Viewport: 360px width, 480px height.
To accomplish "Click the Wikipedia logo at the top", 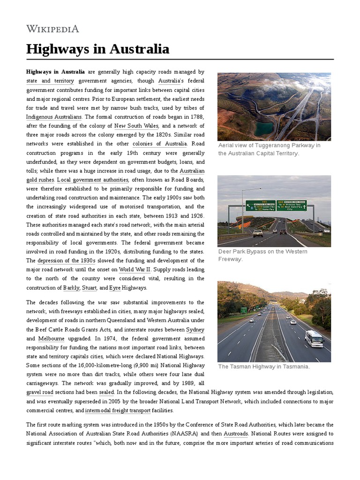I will (52, 29).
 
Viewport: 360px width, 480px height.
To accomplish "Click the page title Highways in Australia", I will (97, 49).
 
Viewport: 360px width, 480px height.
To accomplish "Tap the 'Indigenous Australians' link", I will (54, 117).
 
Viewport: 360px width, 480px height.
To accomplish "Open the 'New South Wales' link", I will (136, 126).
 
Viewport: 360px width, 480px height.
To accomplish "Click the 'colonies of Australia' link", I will (159, 143).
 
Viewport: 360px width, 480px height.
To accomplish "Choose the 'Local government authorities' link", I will (93, 180).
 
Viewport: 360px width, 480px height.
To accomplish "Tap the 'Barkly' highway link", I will (71, 287).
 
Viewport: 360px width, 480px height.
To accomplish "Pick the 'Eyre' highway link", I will (115, 287).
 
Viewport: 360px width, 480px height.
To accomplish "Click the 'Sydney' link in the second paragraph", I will (195, 330).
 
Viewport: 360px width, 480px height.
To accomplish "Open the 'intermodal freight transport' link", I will (118, 410).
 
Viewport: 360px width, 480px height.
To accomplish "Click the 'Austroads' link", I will (235, 434).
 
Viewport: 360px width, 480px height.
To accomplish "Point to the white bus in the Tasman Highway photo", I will (314, 338).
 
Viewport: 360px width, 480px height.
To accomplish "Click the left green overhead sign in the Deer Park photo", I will (260, 205).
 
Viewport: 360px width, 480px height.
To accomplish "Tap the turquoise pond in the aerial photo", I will (264, 128).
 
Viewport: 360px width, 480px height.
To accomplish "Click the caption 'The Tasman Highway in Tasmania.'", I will (264, 367).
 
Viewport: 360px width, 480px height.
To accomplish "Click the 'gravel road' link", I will (40, 392).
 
